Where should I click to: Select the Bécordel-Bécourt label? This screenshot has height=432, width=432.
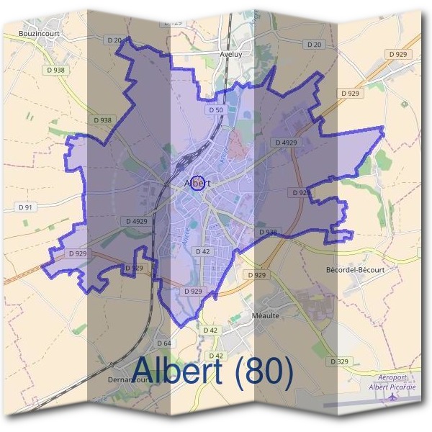[x=356, y=269]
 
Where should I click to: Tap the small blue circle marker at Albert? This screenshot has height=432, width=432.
[x=199, y=182]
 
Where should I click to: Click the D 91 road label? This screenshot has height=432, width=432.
[x=24, y=207]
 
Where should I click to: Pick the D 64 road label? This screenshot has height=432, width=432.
[x=163, y=343]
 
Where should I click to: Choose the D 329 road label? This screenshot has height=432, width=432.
[x=341, y=361]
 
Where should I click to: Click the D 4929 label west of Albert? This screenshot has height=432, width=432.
[x=137, y=221]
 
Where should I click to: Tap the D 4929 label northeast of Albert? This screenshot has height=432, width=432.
[x=286, y=143]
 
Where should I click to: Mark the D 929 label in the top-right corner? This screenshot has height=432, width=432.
[x=397, y=54]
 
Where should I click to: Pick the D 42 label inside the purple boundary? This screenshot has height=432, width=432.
[x=202, y=251]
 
